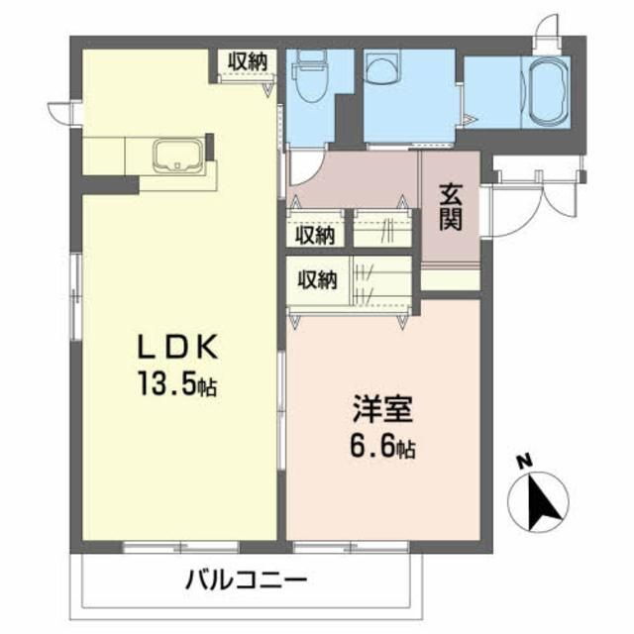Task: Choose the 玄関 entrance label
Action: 451,207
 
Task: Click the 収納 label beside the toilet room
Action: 247,59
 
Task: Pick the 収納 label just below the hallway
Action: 316,235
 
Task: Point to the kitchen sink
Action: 178,156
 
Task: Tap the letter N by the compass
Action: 523,461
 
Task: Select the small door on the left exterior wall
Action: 62,110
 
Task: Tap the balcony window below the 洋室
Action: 351,546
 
